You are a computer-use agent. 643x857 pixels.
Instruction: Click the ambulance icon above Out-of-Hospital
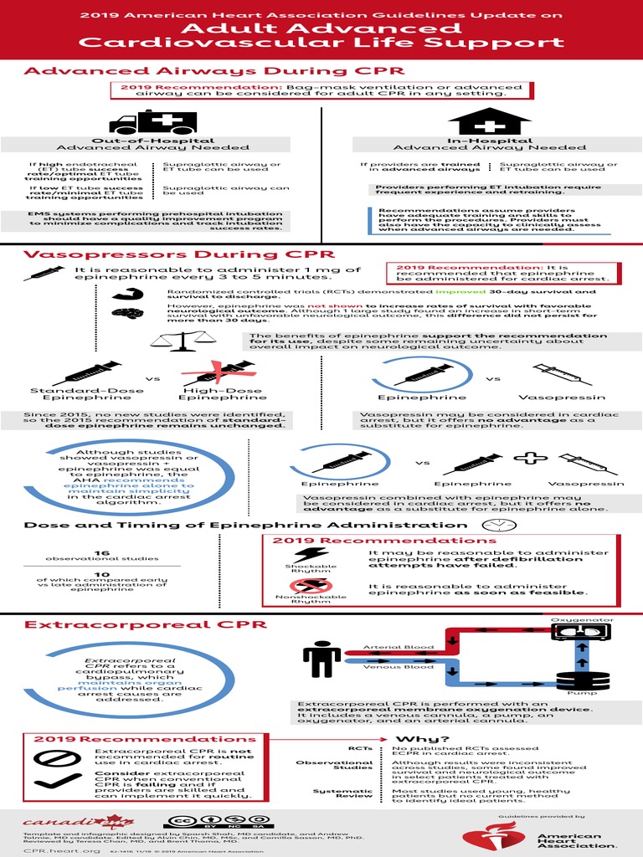[x=152, y=122]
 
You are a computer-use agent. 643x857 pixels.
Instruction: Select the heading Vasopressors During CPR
[x=179, y=254]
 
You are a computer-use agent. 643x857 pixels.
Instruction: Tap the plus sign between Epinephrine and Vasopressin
[x=529, y=459]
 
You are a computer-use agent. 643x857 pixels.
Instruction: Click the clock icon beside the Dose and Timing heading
[x=498, y=524]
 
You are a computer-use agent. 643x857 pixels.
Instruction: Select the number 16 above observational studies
[x=102, y=552]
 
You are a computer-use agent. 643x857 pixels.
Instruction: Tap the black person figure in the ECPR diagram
[x=321, y=659]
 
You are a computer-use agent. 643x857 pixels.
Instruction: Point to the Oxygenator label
[x=582, y=619]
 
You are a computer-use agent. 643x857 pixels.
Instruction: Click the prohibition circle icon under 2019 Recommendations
[x=49, y=759]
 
